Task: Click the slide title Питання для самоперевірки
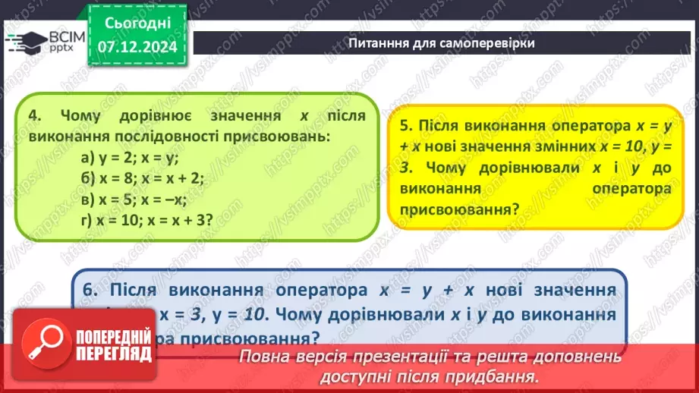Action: click(441, 42)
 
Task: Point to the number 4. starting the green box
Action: click(33, 116)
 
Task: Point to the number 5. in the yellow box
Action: click(406, 125)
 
